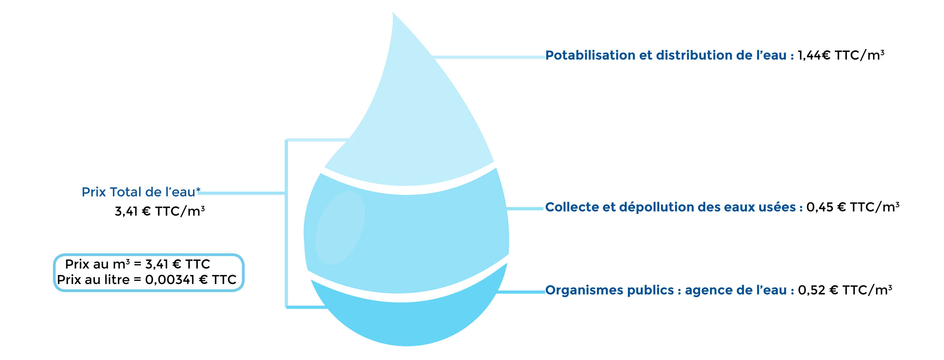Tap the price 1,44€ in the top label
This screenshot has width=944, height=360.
[814, 56]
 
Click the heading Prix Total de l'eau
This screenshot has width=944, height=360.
[141, 192]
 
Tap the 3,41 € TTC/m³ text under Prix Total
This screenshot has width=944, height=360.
[160, 211]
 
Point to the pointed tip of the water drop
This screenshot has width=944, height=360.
[393, 12]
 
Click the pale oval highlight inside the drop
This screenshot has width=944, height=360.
[340, 228]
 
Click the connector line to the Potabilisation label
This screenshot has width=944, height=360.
[489, 57]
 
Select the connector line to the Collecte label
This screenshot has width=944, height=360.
[525, 209]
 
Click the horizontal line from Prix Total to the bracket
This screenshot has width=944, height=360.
[242, 193]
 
